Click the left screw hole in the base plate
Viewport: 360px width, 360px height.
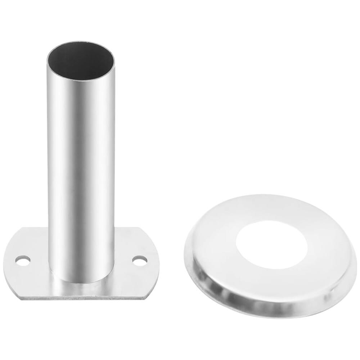click(x=23, y=260)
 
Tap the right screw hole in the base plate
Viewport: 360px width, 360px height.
click(x=140, y=260)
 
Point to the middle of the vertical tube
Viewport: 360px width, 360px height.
click(x=81, y=162)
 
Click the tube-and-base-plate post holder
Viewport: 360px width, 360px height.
click(x=81, y=180)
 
